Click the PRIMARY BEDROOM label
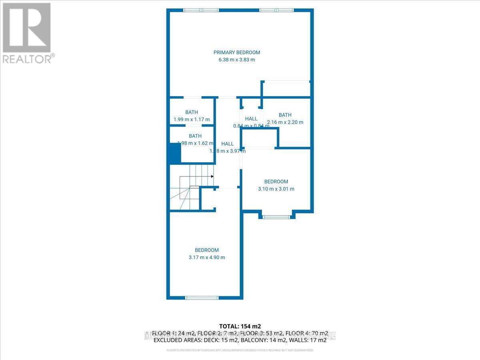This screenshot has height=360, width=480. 236,52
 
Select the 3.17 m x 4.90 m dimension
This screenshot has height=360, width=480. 207,257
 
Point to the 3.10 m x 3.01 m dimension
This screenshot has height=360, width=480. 276,189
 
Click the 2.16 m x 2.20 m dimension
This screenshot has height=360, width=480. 285,122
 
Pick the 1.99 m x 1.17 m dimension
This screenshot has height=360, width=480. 192,119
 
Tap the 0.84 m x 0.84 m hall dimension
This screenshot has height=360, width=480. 251,126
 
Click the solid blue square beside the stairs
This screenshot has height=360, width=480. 174,154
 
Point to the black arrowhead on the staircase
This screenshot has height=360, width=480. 212,176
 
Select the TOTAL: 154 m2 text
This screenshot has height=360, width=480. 240,326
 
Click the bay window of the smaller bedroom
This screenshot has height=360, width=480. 276,217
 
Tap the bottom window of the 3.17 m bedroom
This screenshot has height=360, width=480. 202,297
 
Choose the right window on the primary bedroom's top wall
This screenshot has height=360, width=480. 276,10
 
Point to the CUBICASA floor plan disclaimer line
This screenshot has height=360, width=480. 240,350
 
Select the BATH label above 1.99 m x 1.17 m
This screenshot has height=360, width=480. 192,112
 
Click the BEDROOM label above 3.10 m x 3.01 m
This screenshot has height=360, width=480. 276,182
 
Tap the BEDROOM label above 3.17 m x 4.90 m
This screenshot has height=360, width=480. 207,250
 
